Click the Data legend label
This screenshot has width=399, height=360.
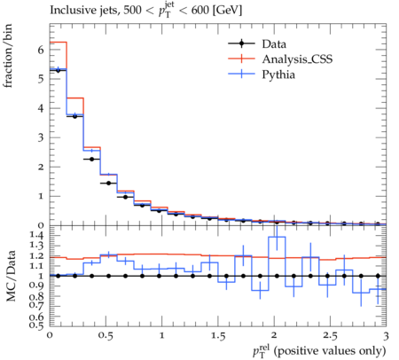(x=274, y=44)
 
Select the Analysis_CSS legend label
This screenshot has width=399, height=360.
(x=297, y=59)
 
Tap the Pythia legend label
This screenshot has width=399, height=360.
(x=278, y=74)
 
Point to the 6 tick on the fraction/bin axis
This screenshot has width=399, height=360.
(x=40, y=50)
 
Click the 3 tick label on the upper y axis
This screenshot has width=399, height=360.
(x=41, y=137)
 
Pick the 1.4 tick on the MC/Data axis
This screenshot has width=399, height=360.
(x=36, y=235)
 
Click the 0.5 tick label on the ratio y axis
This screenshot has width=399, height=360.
(x=36, y=325)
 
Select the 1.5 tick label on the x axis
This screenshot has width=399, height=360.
(x=218, y=336)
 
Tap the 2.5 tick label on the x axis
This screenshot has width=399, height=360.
(x=330, y=336)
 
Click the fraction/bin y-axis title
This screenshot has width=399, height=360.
(x=8, y=56)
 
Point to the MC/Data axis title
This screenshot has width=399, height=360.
(x=11, y=276)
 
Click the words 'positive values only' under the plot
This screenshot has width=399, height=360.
(x=330, y=351)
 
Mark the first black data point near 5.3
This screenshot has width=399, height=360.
(x=58, y=70)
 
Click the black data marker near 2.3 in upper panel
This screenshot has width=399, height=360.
(x=91, y=159)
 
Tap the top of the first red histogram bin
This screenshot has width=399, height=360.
(x=59, y=43)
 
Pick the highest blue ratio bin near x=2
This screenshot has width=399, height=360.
(x=277, y=237)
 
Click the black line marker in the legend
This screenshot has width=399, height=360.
(x=241, y=43)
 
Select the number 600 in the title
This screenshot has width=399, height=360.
(x=200, y=11)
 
